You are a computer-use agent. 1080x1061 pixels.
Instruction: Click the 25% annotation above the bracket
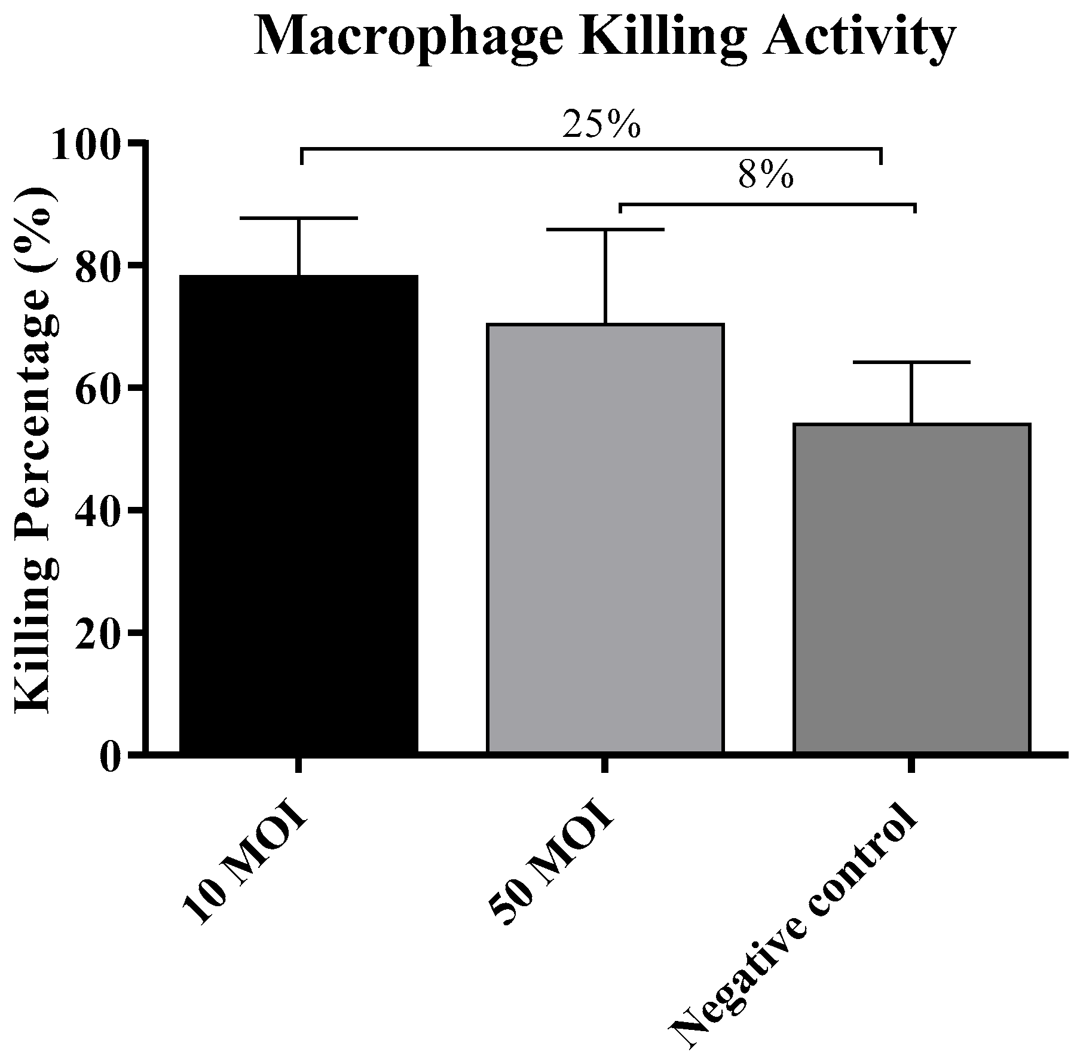[x=601, y=125]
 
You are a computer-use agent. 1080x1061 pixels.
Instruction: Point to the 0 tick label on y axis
[x=111, y=756]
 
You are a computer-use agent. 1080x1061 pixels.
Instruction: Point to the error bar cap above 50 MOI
[x=605, y=230]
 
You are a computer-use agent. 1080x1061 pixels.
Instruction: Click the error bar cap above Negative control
[x=911, y=362]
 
